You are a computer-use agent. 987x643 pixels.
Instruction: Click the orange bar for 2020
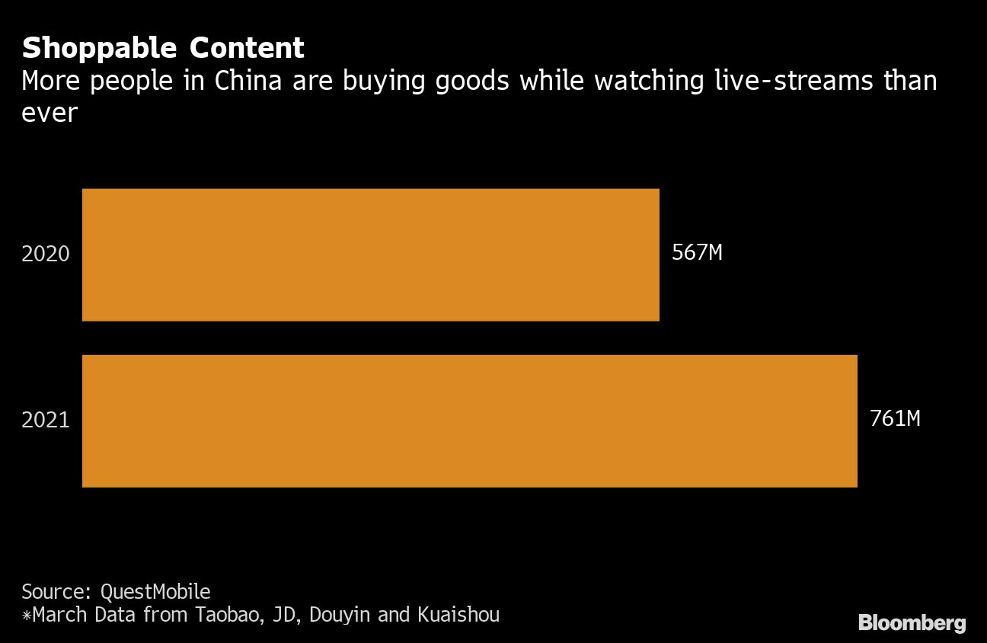coord(370,254)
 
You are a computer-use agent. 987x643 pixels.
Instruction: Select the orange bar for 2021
coord(469,421)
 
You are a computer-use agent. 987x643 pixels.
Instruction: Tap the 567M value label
coord(697,253)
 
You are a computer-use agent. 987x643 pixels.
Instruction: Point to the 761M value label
coord(895,419)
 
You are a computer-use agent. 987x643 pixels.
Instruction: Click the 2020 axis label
coord(46,254)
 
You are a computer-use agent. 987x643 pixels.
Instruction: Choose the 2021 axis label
coord(46,421)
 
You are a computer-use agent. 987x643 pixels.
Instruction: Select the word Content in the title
coord(247,49)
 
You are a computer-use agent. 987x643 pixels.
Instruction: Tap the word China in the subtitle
coord(245,81)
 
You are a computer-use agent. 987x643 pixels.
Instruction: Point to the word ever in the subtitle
coord(50,113)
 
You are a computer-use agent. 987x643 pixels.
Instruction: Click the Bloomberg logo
coord(912,622)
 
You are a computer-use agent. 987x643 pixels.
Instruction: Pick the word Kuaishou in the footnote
coord(458,614)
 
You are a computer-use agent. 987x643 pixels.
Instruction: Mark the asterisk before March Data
coord(27,615)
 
